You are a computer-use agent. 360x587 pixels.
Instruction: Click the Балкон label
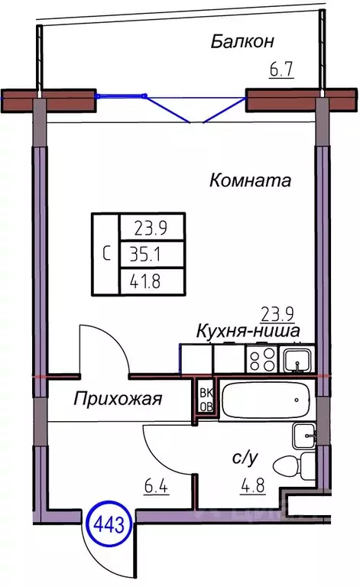[242, 41]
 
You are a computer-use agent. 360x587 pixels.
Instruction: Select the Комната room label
[250, 181]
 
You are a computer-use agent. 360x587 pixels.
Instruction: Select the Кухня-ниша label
[247, 330]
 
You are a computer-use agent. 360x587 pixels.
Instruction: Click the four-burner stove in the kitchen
[261, 358]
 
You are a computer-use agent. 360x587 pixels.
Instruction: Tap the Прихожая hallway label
[119, 397]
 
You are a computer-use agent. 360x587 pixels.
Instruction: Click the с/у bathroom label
[245, 458]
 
